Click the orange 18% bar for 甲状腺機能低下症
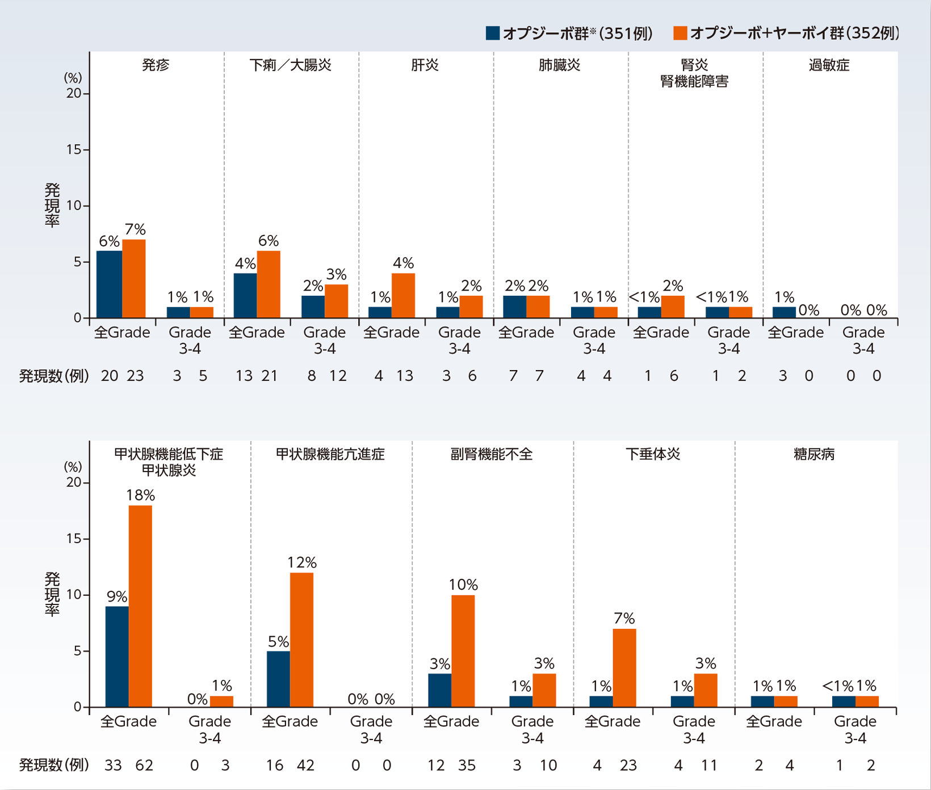[x=140, y=606]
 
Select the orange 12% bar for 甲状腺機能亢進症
[x=301, y=640]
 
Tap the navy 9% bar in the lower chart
[x=117, y=657]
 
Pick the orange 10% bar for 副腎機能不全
[x=463, y=651]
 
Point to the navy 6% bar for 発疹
[x=109, y=284]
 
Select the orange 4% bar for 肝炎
[x=403, y=295]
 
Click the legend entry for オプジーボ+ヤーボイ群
[x=786, y=33]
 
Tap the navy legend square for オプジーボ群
[x=493, y=33]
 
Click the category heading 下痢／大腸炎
[x=291, y=65]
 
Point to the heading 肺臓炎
[x=559, y=65]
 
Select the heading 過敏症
[x=829, y=65]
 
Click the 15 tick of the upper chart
[x=74, y=150]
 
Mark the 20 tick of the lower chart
[x=74, y=482]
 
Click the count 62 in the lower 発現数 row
[x=144, y=766]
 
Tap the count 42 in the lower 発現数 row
[x=305, y=766]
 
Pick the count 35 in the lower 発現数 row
[x=467, y=766]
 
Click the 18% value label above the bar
[x=140, y=495]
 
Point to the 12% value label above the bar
[x=301, y=562]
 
